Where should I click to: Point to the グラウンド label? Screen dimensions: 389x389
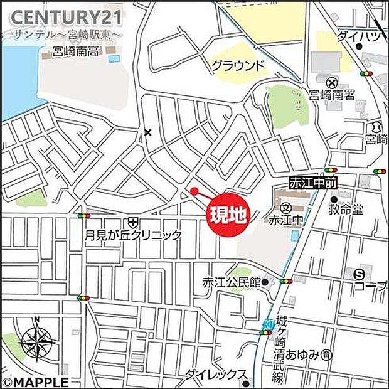click(x=238, y=65)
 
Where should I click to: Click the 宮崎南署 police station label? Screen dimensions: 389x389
click(x=333, y=96)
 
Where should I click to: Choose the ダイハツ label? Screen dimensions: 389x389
click(x=358, y=36)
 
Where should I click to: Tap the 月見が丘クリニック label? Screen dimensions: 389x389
click(x=134, y=235)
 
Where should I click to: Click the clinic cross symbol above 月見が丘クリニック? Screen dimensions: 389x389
click(x=132, y=221)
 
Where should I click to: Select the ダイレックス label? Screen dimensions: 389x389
click(x=215, y=375)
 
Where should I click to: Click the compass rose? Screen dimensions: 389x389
click(x=37, y=343)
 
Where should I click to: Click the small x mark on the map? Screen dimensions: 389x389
click(x=148, y=132)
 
